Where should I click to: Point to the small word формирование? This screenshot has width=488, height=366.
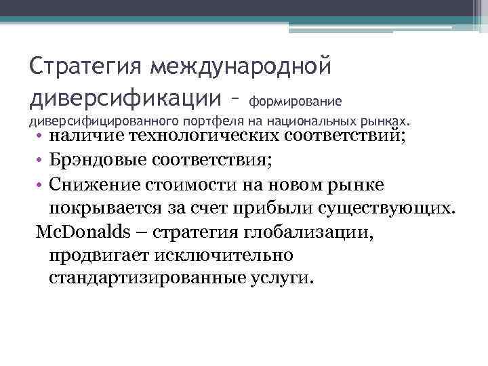coord(296,102)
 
